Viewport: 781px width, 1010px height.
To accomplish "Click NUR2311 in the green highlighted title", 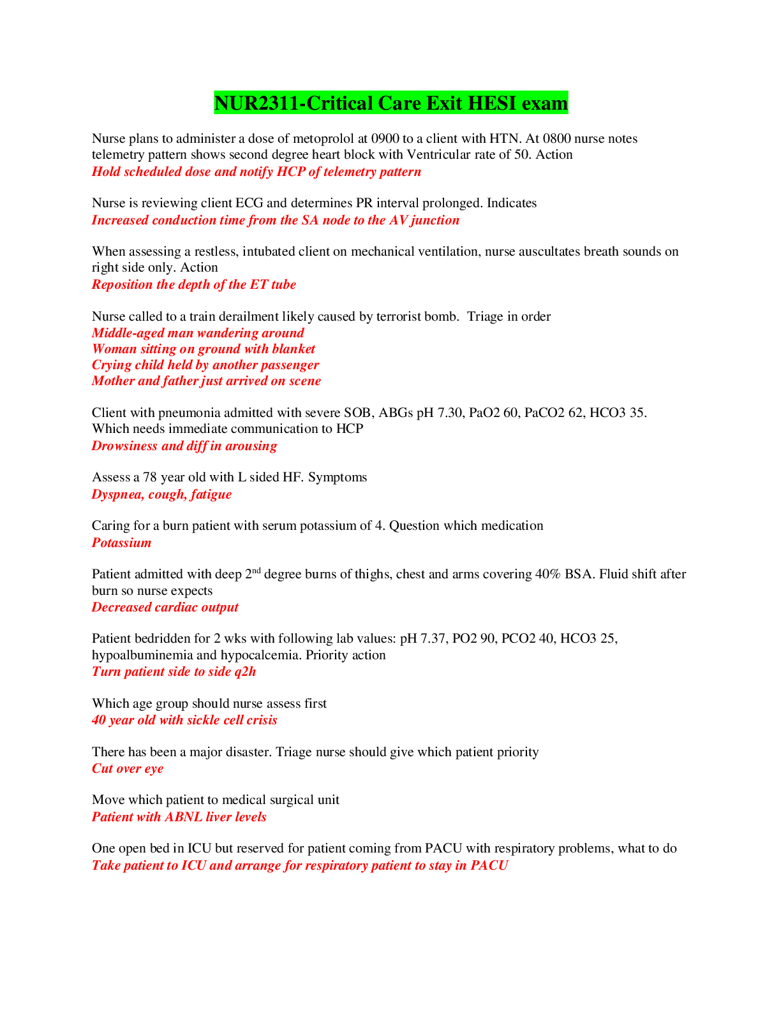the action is click(x=257, y=103).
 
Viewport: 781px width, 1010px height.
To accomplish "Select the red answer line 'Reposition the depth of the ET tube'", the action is click(x=194, y=284).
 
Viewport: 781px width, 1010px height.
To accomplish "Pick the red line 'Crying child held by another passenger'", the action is click(x=205, y=365).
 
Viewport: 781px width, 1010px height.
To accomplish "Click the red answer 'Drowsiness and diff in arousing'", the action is click(x=184, y=446).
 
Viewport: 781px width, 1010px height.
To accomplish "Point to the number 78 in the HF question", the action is click(x=150, y=478).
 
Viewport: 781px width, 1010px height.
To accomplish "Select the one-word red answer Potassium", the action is click(x=121, y=543).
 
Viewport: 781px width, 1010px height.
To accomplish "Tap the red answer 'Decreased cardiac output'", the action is click(x=165, y=607).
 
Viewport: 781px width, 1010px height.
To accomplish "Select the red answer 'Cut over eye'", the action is click(x=128, y=768).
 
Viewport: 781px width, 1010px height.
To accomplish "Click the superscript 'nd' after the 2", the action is click(x=257, y=570).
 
